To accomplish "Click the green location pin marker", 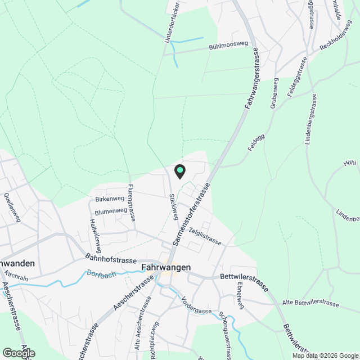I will (179, 170).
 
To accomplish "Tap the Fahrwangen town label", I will (166, 267).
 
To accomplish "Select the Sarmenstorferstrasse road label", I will (191, 214).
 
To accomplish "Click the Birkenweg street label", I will (109, 199).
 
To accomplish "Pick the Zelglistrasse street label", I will (205, 236).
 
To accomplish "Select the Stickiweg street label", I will (174, 207).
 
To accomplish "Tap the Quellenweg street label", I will (12, 208).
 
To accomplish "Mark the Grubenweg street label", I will (274, 94).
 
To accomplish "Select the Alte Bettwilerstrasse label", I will (311, 304).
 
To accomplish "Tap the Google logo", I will (18, 353).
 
